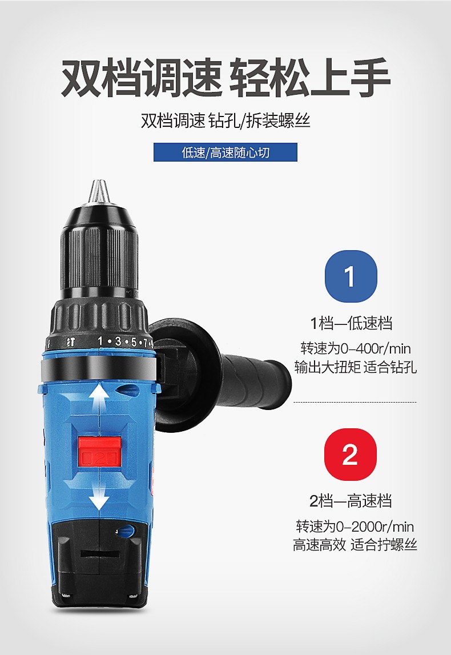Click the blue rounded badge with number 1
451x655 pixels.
[351, 276]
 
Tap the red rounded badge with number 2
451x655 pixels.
[351, 454]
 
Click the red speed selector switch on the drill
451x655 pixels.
[100, 452]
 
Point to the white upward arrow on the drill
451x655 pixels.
[99, 405]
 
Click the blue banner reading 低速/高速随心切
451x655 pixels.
[226, 152]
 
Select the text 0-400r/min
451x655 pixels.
[376, 348]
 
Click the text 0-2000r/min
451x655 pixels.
[375, 527]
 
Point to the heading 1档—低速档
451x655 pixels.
[351, 323]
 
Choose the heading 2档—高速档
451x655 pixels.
[351, 500]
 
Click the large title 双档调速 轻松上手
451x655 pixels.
[226, 78]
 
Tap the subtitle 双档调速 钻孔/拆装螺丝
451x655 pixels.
[226, 121]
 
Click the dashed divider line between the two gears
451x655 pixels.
[355, 402]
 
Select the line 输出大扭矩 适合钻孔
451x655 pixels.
[355, 367]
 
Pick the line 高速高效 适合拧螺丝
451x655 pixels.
[355, 545]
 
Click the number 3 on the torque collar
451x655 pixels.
[118, 341]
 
